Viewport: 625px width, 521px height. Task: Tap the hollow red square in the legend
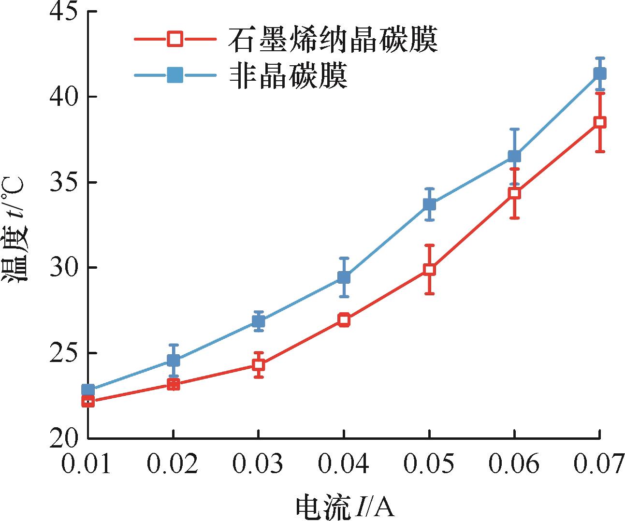pos(174,38)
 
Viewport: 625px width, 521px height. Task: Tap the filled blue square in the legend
pos(174,75)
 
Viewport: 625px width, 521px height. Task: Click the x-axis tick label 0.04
pos(344,464)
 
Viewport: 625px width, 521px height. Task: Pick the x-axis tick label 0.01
pos(87,464)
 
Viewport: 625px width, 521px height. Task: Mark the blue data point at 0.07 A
pos(600,73)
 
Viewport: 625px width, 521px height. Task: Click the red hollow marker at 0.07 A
pos(600,122)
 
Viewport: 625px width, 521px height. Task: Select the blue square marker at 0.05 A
pos(429,204)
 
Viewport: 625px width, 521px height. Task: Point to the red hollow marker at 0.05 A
pos(429,269)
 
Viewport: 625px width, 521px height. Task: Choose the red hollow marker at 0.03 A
pos(259,364)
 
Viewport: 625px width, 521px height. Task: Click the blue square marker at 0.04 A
pos(344,277)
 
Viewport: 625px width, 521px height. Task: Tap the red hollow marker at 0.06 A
pos(514,193)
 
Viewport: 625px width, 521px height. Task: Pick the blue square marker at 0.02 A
pos(173,360)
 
